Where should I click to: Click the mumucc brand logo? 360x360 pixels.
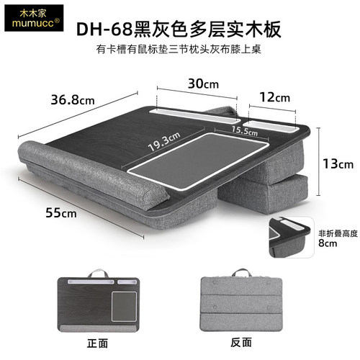click(x=34, y=18)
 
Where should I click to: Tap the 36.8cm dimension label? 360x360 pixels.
click(x=73, y=100)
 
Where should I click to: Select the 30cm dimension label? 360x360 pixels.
click(x=203, y=84)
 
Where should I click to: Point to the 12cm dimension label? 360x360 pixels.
click(x=275, y=97)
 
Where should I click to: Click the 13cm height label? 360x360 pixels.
click(x=338, y=164)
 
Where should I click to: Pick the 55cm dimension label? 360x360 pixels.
click(x=61, y=212)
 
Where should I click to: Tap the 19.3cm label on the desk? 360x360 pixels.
click(x=164, y=141)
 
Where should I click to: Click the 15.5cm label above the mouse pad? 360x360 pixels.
click(x=245, y=131)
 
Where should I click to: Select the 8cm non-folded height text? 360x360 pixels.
click(x=328, y=243)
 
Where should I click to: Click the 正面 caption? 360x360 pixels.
click(x=97, y=343)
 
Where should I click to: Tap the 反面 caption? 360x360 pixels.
click(x=241, y=342)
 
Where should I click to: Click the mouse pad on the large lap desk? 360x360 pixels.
click(x=197, y=160)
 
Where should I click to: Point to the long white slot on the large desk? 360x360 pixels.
click(x=194, y=116)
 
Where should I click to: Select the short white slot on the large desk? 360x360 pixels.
click(x=271, y=126)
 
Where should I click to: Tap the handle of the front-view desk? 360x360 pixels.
click(x=98, y=274)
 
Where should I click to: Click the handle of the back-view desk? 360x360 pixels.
click(x=241, y=273)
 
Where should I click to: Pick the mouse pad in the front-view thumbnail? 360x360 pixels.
click(x=124, y=307)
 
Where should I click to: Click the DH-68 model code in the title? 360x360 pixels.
click(x=104, y=30)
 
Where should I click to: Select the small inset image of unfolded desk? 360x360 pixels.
click(x=291, y=237)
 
